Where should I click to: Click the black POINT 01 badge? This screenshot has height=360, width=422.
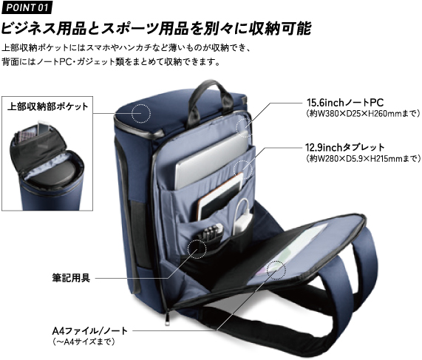click(27, 7)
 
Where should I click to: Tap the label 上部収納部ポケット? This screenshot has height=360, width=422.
click(47, 106)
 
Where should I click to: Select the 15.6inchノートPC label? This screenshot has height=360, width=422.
click(345, 103)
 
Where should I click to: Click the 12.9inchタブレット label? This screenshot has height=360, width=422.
click(345, 148)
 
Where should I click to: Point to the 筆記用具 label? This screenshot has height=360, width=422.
click(71, 278)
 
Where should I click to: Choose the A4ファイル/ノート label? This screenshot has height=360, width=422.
click(90, 330)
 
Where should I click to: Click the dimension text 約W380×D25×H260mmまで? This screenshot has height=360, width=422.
click(364, 114)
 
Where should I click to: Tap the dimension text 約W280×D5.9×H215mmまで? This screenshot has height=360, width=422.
click(364, 159)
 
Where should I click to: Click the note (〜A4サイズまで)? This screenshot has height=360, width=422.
click(84, 342)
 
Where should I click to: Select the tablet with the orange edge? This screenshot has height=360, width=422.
click(219, 196)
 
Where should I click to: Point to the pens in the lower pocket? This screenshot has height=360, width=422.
click(211, 233)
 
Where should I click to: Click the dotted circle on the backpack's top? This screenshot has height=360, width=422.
click(141, 113)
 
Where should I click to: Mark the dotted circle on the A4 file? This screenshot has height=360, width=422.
click(276, 270)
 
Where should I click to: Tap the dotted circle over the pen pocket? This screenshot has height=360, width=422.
click(197, 249)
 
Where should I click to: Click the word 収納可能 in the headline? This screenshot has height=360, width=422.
click(280, 28)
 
